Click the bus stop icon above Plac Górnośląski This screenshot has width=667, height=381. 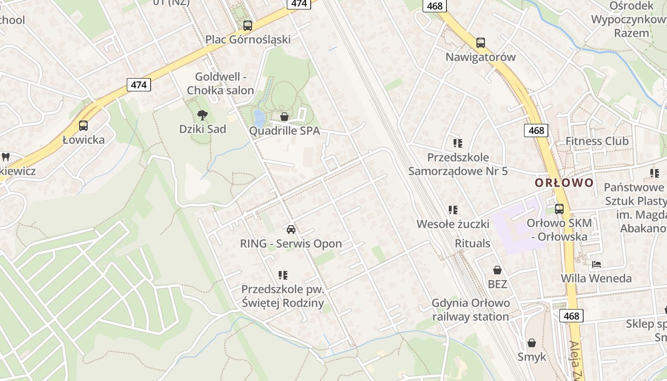(247, 26)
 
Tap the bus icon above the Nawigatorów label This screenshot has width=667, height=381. (481, 43)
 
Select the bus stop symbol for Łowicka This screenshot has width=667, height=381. (83, 126)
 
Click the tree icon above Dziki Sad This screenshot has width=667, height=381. (202, 115)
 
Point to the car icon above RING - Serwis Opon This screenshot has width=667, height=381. (291, 230)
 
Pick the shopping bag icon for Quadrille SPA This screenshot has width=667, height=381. (284, 117)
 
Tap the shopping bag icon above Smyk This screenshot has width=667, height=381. (532, 343)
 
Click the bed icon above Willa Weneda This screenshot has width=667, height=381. (596, 264)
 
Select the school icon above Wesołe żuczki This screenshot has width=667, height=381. (453, 210)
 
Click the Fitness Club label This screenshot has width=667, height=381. (597, 141)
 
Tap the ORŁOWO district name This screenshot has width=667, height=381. (564, 183)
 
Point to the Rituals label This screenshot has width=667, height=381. (473, 243)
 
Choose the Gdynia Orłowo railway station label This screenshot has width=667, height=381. (471, 310)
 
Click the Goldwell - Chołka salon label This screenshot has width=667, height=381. (221, 83)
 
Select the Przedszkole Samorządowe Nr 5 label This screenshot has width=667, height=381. (458, 164)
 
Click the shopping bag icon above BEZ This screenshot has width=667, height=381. (497, 271)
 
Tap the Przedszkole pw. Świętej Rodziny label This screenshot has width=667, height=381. (283, 296)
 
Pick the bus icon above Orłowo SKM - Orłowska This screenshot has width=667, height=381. (559, 209)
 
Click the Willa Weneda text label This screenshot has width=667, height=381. (596, 278)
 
